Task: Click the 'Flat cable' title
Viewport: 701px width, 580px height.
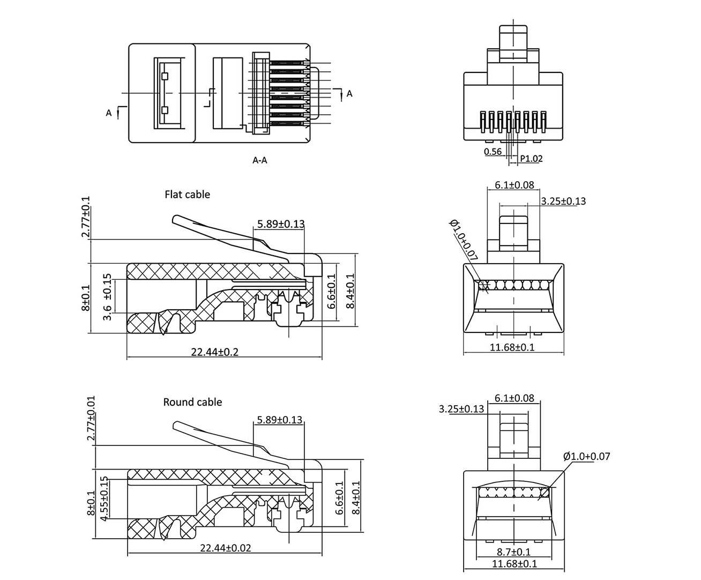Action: [187, 194]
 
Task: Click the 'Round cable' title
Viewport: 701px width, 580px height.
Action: [192, 402]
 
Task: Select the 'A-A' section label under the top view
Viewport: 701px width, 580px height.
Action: [260, 160]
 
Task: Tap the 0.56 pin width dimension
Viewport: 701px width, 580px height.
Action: [493, 151]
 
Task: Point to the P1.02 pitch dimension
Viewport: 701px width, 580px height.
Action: [532, 159]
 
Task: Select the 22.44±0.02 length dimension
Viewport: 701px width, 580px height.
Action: [225, 548]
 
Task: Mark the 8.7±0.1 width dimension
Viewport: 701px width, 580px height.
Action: [513, 552]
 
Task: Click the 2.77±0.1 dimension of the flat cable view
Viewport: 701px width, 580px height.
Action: [86, 217]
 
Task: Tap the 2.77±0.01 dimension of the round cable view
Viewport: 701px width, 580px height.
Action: [91, 419]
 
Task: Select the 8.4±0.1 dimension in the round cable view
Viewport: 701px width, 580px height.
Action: [355, 498]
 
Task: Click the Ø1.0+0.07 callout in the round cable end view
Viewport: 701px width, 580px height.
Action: [586, 457]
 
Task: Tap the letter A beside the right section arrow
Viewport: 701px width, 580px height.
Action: [349, 94]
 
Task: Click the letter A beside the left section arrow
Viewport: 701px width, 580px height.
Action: [109, 113]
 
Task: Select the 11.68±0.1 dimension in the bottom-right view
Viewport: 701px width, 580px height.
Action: [513, 563]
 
